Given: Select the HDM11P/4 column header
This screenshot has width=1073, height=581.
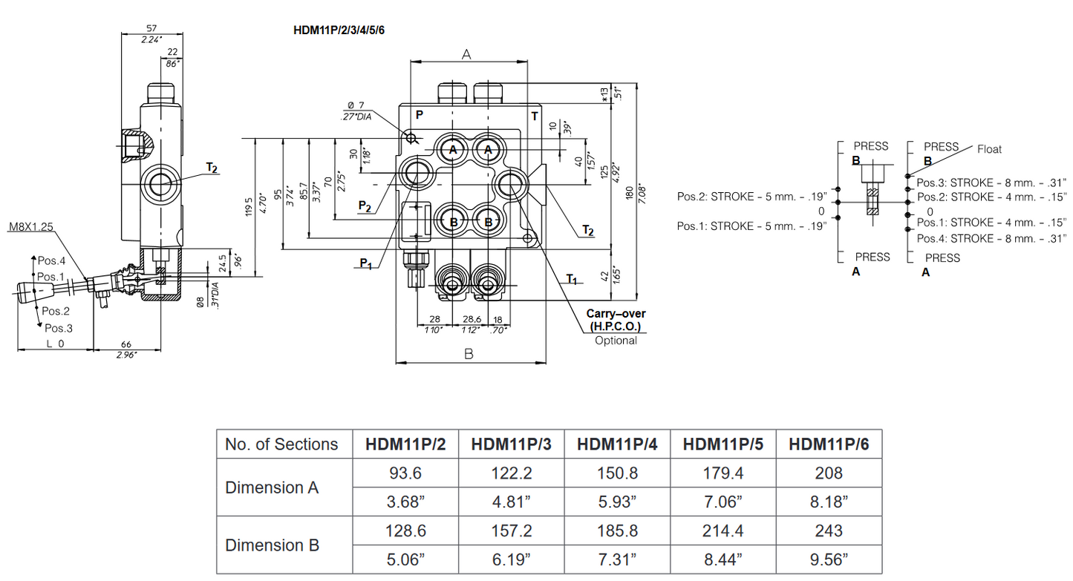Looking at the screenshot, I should tap(617, 444).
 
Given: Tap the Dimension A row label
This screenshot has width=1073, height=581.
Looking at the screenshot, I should tap(272, 488).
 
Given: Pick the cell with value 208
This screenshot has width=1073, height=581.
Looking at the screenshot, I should tap(828, 473).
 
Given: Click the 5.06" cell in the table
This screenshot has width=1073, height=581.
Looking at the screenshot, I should tap(405, 560).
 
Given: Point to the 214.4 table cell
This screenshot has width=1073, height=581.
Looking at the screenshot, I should tap(723, 531).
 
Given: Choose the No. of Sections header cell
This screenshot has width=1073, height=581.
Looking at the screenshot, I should tap(281, 444).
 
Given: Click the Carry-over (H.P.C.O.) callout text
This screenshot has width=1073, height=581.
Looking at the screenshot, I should tap(616, 321).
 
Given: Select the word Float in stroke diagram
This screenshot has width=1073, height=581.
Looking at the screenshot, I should tap(988, 149).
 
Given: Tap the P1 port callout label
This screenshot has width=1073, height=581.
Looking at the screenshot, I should tap(365, 262).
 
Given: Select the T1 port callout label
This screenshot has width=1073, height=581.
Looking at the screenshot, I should tap(571, 279).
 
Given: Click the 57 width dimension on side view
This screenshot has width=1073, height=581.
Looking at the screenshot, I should tap(153, 29).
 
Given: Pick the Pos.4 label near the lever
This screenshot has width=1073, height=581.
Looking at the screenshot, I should tap(52, 260).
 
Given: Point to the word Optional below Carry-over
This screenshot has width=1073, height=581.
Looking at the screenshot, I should tap(616, 341).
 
